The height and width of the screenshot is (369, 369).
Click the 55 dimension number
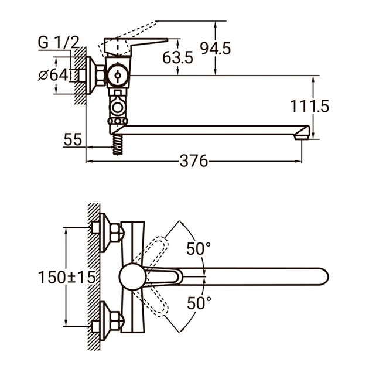coord(73,140)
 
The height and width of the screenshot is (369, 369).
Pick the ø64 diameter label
coord(53,75)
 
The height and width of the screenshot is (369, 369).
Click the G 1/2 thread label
coord(59,42)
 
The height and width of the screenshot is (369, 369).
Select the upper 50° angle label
coord(199,248)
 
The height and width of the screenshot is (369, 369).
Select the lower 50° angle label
coord(199,303)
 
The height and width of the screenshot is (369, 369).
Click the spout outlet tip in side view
coord(303,132)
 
